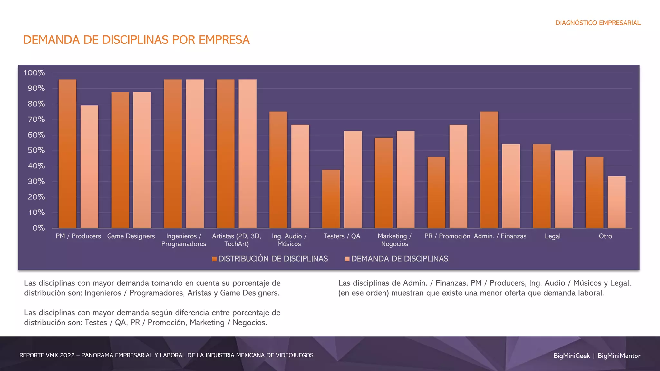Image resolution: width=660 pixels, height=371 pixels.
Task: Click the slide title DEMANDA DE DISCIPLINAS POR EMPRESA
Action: (x=136, y=40)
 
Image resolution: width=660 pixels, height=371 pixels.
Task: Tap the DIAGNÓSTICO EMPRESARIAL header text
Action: (x=598, y=23)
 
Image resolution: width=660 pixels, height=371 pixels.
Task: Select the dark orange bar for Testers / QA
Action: (x=331, y=199)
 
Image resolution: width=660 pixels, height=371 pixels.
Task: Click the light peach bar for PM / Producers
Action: (x=89, y=166)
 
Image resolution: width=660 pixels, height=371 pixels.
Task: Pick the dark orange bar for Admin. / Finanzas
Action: (x=489, y=170)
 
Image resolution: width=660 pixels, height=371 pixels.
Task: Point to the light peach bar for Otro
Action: (x=616, y=202)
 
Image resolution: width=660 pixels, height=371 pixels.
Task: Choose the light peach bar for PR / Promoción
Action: (x=458, y=176)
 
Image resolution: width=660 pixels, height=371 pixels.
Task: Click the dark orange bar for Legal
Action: (x=542, y=186)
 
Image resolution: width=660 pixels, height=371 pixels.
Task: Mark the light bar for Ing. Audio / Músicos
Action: (x=300, y=176)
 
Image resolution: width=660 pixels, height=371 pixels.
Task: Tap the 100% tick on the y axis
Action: (x=34, y=73)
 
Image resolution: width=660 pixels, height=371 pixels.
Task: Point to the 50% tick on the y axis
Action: (x=36, y=150)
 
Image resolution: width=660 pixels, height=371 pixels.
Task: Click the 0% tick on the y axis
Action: (x=38, y=228)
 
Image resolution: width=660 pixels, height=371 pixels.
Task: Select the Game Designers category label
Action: (x=131, y=236)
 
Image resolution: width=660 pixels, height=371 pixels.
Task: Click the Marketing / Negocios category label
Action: (x=394, y=240)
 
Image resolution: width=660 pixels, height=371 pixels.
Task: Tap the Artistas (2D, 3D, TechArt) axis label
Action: (x=236, y=240)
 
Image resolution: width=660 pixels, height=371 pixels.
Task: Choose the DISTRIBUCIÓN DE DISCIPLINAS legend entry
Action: (x=273, y=259)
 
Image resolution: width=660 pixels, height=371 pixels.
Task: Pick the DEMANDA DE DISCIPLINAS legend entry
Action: (x=399, y=259)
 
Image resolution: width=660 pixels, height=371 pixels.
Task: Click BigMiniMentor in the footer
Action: (x=619, y=356)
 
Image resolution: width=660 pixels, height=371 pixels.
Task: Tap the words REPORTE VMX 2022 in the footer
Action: (x=47, y=355)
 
